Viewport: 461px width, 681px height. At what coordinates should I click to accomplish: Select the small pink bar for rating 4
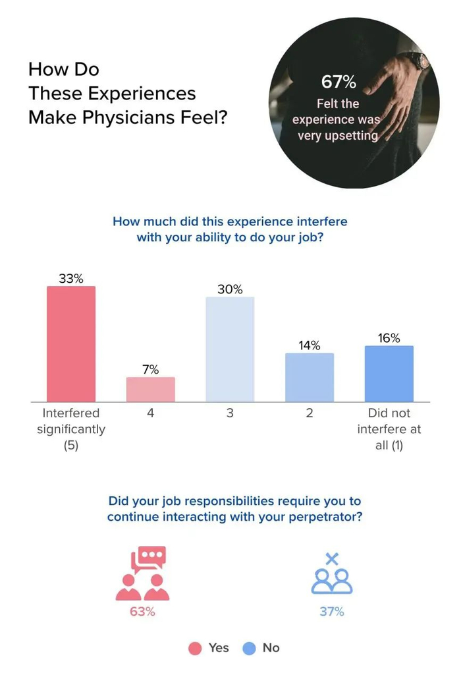point(151,389)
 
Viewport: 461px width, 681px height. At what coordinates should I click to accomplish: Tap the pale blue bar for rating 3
point(230,349)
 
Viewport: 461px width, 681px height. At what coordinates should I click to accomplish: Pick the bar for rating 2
point(310,377)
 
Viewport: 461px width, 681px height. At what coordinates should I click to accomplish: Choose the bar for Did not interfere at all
point(389,373)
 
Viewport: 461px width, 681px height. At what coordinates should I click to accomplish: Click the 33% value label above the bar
point(71,279)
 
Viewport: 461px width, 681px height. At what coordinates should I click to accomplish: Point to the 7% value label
point(151,370)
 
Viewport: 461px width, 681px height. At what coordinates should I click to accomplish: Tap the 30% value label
point(230,289)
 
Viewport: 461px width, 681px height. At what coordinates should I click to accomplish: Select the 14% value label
point(310,345)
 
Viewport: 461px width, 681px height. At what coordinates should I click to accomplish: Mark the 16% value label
point(389,338)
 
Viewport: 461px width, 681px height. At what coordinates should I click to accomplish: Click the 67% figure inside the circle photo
point(339,82)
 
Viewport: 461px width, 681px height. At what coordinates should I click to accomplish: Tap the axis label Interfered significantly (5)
point(70,429)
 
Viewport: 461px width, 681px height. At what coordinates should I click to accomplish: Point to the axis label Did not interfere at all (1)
point(389,429)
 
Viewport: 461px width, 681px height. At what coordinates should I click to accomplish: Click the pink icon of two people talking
point(143,573)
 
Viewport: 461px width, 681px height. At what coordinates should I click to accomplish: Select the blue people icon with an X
point(332,574)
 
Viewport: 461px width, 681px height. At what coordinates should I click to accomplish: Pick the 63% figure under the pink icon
point(142,612)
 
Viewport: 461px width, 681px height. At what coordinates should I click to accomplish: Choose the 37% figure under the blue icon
point(332,612)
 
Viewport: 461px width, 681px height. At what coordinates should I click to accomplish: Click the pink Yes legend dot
point(195,648)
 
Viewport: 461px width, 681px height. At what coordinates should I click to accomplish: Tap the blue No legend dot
point(250,648)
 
